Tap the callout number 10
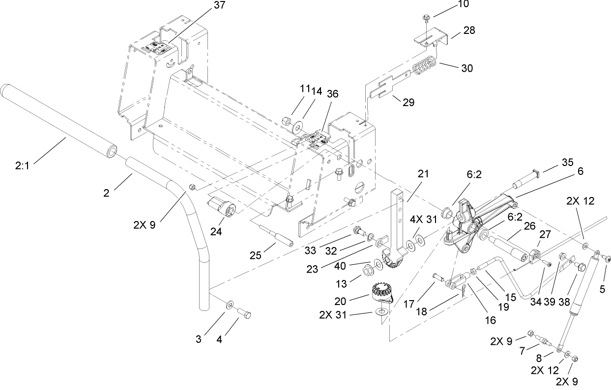pos(463,4)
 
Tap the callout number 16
pos(491,320)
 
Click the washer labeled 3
pos(230,306)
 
